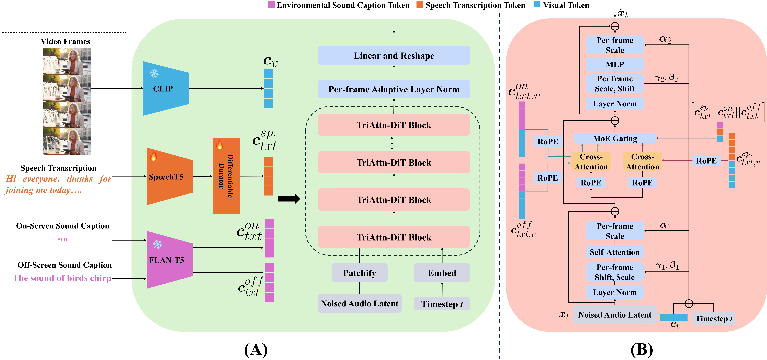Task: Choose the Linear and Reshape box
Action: click(394, 56)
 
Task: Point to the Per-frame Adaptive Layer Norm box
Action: click(394, 89)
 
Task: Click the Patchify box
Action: click(359, 273)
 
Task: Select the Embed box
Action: click(442, 273)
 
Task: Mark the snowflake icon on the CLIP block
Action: click(154, 73)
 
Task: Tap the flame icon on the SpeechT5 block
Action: click(153, 156)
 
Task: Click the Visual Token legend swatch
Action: click(537, 4)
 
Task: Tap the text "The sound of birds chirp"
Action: click(62, 278)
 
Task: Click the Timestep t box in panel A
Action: click(442, 304)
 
